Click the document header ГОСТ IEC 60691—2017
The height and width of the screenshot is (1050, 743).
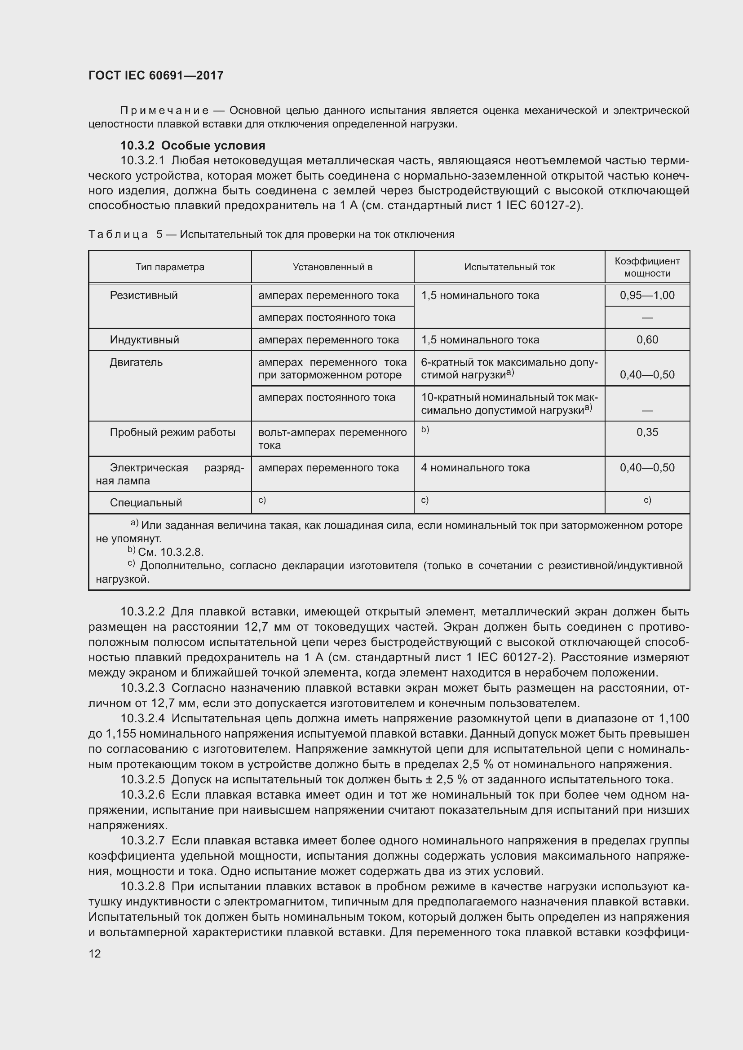[156, 75]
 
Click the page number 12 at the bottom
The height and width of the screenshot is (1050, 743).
[95, 953]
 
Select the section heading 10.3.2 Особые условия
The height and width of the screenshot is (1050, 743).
[193, 145]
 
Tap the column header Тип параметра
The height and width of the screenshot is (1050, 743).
[170, 267]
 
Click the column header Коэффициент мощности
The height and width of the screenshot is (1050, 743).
[647, 267]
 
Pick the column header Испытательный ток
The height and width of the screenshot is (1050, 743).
[509, 267]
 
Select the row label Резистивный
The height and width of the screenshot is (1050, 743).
[144, 295]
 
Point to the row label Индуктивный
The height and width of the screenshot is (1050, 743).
[145, 340]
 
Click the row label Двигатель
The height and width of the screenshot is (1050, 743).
[137, 362]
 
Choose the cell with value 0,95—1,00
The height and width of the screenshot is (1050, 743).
[647, 295]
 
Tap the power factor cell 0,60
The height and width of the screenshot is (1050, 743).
[647, 340]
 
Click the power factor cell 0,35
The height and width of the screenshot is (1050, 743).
[647, 432]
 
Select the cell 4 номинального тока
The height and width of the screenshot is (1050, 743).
[475, 468]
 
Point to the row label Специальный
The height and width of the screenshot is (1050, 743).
[146, 503]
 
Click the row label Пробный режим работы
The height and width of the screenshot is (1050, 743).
[172, 432]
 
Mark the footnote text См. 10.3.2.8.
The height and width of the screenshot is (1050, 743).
[170, 552]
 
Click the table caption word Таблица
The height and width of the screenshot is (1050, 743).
[118, 235]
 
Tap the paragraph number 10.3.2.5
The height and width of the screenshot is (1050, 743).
[142, 780]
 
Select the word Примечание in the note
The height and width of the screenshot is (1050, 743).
[164, 111]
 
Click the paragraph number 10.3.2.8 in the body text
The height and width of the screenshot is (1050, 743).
[142, 887]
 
